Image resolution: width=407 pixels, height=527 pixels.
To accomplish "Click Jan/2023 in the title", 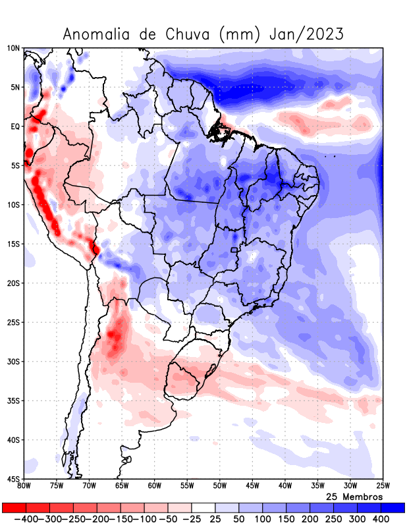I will coord(307,34).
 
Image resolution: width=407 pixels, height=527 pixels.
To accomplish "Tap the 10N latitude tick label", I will coord(14,48).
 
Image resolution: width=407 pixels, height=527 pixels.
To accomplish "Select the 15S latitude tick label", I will coord(14,244).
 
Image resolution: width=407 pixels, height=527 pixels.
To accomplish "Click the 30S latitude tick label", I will coord(14,362).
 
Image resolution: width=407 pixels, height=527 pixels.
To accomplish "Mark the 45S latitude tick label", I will coord(14,479).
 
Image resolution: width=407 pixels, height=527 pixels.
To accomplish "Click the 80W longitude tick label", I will coord(24,486).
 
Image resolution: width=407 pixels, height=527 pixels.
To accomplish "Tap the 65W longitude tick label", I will coord(122,486).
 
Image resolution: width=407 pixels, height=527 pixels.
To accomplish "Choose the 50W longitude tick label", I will coord(219,486).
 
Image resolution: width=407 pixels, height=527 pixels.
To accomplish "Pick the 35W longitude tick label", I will coord(317,486).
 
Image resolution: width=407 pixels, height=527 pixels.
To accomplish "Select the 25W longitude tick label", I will coord(383,486).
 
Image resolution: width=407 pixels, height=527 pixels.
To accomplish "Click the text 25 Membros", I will coord(354,496).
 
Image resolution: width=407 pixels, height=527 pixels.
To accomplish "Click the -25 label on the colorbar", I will coord(190,519).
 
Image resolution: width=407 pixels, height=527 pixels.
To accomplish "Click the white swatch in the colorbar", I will coord(203,507).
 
